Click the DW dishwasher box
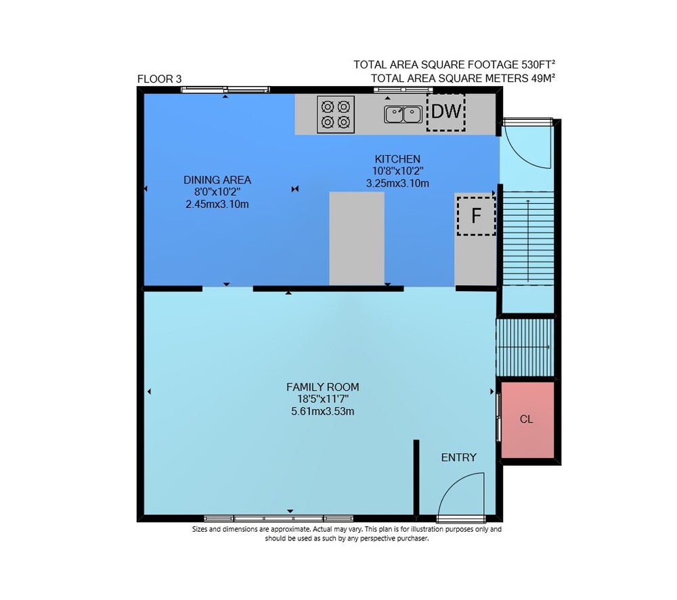(x=446, y=112)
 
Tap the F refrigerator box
(x=476, y=215)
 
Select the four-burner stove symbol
(x=336, y=114)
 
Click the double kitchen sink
(x=403, y=114)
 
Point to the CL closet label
(x=526, y=419)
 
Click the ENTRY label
(x=458, y=458)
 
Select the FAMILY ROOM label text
(x=322, y=387)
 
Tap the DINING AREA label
(x=217, y=179)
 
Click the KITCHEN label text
(x=397, y=159)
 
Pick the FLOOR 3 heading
(x=159, y=79)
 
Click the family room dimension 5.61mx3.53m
(x=322, y=411)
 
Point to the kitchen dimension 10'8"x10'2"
(x=397, y=171)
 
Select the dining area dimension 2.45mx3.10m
(x=217, y=204)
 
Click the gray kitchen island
(x=357, y=238)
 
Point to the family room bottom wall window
(x=278, y=518)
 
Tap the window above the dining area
(x=225, y=90)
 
